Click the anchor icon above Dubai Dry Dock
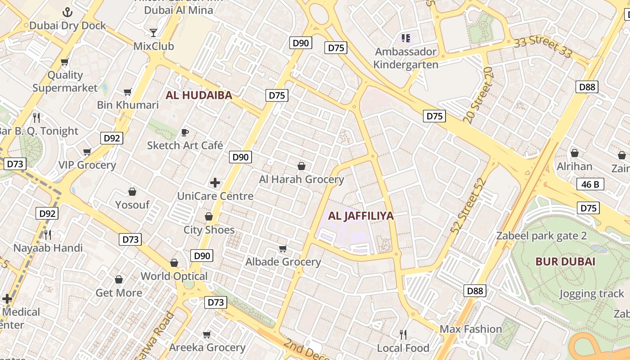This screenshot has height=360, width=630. pyautogui.click(x=67, y=12)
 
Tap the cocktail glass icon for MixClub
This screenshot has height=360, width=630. pyautogui.click(x=153, y=33)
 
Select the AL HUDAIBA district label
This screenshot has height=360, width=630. pyautogui.click(x=199, y=95)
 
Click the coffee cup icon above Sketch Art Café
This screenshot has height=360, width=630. pyautogui.click(x=184, y=132)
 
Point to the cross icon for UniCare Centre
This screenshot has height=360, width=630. pyautogui.click(x=215, y=183)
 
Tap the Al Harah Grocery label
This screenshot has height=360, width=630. pyautogui.click(x=301, y=180)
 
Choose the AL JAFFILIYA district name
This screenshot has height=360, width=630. pyautogui.click(x=360, y=216)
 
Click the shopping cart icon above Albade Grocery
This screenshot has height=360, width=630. pyautogui.click(x=283, y=249)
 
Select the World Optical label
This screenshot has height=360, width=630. pyautogui.click(x=174, y=276)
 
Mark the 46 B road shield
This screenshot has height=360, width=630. pyautogui.click(x=590, y=184)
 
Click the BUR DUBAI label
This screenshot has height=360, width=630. pyautogui.click(x=565, y=261)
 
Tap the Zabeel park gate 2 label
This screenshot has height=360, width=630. pyautogui.click(x=541, y=236)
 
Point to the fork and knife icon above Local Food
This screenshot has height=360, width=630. pyautogui.click(x=403, y=334)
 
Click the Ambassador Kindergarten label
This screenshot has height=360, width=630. pyautogui.click(x=405, y=58)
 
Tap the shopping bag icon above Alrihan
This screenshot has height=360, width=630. pyautogui.click(x=575, y=153)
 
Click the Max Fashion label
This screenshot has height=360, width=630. pyautogui.click(x=471, y=329)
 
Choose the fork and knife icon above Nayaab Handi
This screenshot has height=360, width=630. pyautogui.click(x=48, y=234)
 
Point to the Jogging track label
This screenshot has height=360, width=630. pyautogui.click(x=592, y=294)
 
